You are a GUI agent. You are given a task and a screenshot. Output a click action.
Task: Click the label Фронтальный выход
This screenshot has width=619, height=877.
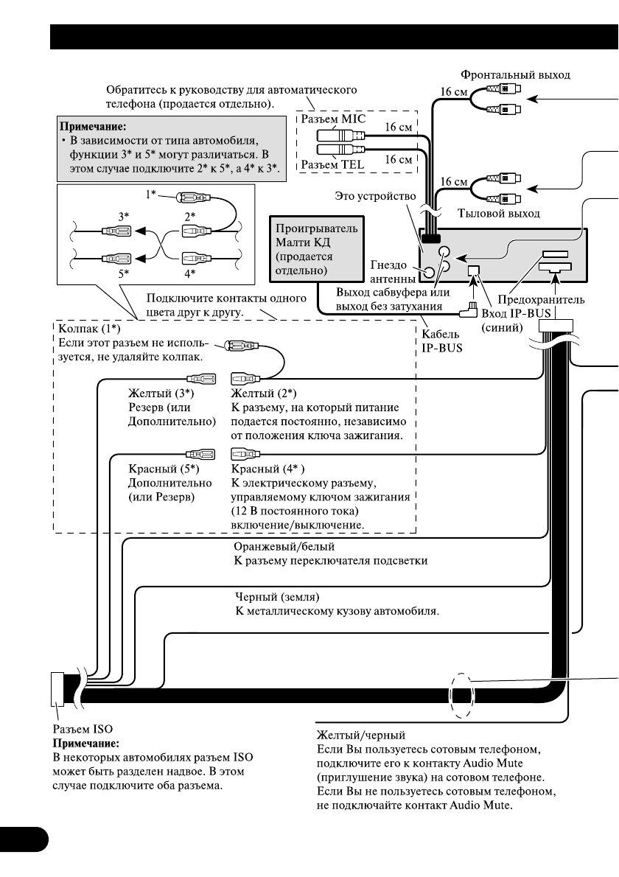[x=515, y=74]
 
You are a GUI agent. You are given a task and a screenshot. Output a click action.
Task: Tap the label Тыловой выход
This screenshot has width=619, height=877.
[x=499, y=214]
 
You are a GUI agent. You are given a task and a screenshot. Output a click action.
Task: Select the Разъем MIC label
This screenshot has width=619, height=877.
[x=334, y=119]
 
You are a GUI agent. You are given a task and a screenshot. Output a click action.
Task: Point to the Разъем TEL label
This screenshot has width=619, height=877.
[x=332, y=164]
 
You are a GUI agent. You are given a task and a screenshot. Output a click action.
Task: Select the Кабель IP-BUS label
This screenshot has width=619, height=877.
[x=441, y=340]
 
